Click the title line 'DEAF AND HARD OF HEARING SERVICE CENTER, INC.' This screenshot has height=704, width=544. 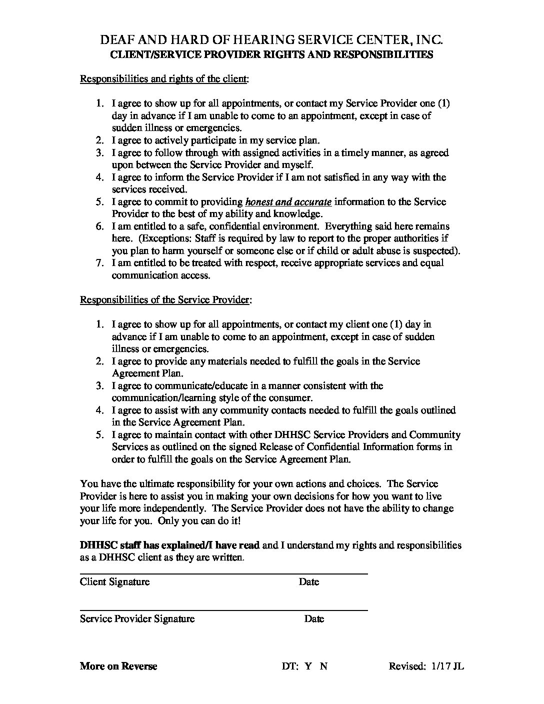pos(271,40)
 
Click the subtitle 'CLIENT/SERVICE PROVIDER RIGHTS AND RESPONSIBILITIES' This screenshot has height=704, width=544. pos(271,55)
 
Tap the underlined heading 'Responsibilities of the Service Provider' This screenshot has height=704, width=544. pos(165,300)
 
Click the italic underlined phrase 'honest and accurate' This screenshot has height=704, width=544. pos(288,202)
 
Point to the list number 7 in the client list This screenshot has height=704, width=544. pos(100,263)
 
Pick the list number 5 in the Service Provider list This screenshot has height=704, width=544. pos(100,435)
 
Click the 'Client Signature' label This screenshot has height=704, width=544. pos(114,582)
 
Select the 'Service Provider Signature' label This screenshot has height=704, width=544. pos(137,619)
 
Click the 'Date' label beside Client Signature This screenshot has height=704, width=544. pos(309,582)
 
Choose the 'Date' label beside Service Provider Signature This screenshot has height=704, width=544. pos(314,619)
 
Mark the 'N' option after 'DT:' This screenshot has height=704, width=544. pos(323,666)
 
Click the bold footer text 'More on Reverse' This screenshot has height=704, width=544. pos(118,666)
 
